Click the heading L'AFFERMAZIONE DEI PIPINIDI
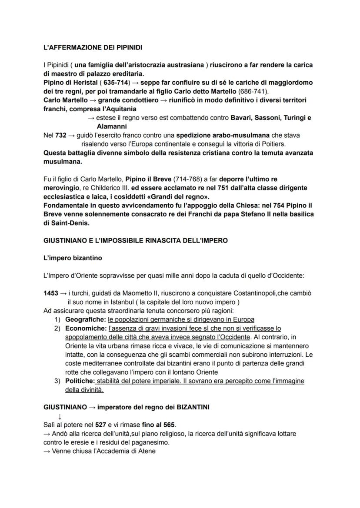click(x=93, y=47)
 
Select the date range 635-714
click(x=116, y=83)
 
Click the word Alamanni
click(x=111, y=126)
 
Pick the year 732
click(x=61, y=135)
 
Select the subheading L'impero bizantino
click(x=73, y=258)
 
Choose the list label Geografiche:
click(x=86, y=319)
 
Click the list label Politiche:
click(x=80, y=381)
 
